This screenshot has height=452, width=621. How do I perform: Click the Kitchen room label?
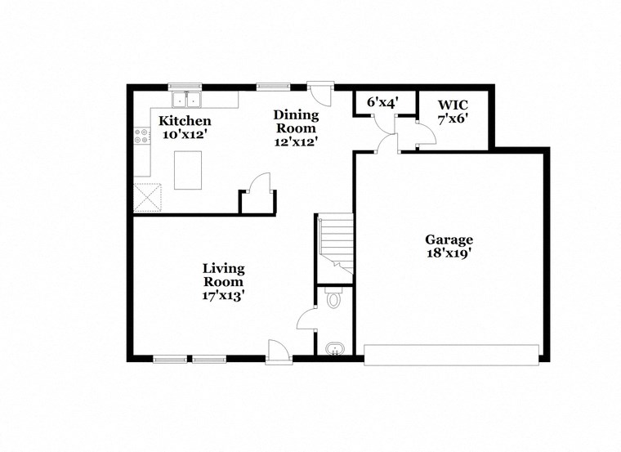184,121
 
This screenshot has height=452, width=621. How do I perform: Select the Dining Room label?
296,121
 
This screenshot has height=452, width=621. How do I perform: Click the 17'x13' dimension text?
224,295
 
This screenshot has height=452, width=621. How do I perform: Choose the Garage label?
449,239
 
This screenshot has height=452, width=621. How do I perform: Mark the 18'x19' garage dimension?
449,253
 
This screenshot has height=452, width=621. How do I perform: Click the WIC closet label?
453,105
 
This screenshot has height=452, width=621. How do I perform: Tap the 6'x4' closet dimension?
382,102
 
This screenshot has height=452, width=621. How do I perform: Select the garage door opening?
451,355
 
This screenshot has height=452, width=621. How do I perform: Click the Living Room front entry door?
279,352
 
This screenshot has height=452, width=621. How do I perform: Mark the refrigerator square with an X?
149,198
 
